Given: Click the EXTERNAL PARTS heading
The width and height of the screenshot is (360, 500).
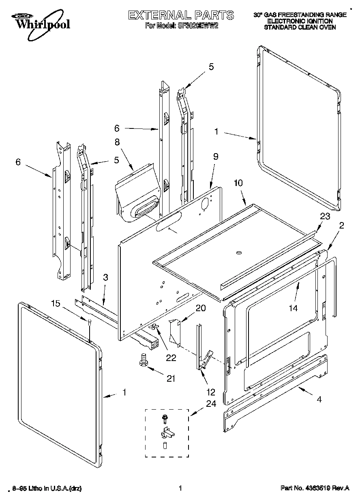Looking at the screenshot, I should pos(181,15).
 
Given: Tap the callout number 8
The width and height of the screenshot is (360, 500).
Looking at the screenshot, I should pos(117,142).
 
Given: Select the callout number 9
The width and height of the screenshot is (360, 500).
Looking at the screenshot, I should pos(216,156).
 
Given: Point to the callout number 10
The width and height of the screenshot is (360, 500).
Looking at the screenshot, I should pos(238,183).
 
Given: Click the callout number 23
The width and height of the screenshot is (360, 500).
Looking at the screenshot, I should pos(325,216).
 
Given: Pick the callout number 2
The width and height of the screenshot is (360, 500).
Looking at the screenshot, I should pos(341,226).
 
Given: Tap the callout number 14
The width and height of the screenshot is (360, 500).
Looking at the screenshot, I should pos(293,308).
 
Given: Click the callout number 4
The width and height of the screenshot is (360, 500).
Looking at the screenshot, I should pos(319,399).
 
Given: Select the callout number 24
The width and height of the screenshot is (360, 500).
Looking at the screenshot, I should pos(211,404).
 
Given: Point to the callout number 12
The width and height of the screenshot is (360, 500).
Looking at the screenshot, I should pos(210,392).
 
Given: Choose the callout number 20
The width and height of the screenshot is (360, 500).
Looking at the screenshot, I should pos(200,308).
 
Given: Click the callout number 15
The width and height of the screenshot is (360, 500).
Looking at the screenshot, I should pos(56,303).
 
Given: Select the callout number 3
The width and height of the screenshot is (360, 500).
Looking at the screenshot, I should pos(105,278).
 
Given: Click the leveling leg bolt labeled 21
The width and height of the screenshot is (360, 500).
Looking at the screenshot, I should pos(143,359).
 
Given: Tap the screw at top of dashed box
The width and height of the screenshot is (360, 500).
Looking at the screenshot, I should pos(165,417).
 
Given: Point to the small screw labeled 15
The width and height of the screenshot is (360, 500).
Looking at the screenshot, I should pos(89,321).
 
